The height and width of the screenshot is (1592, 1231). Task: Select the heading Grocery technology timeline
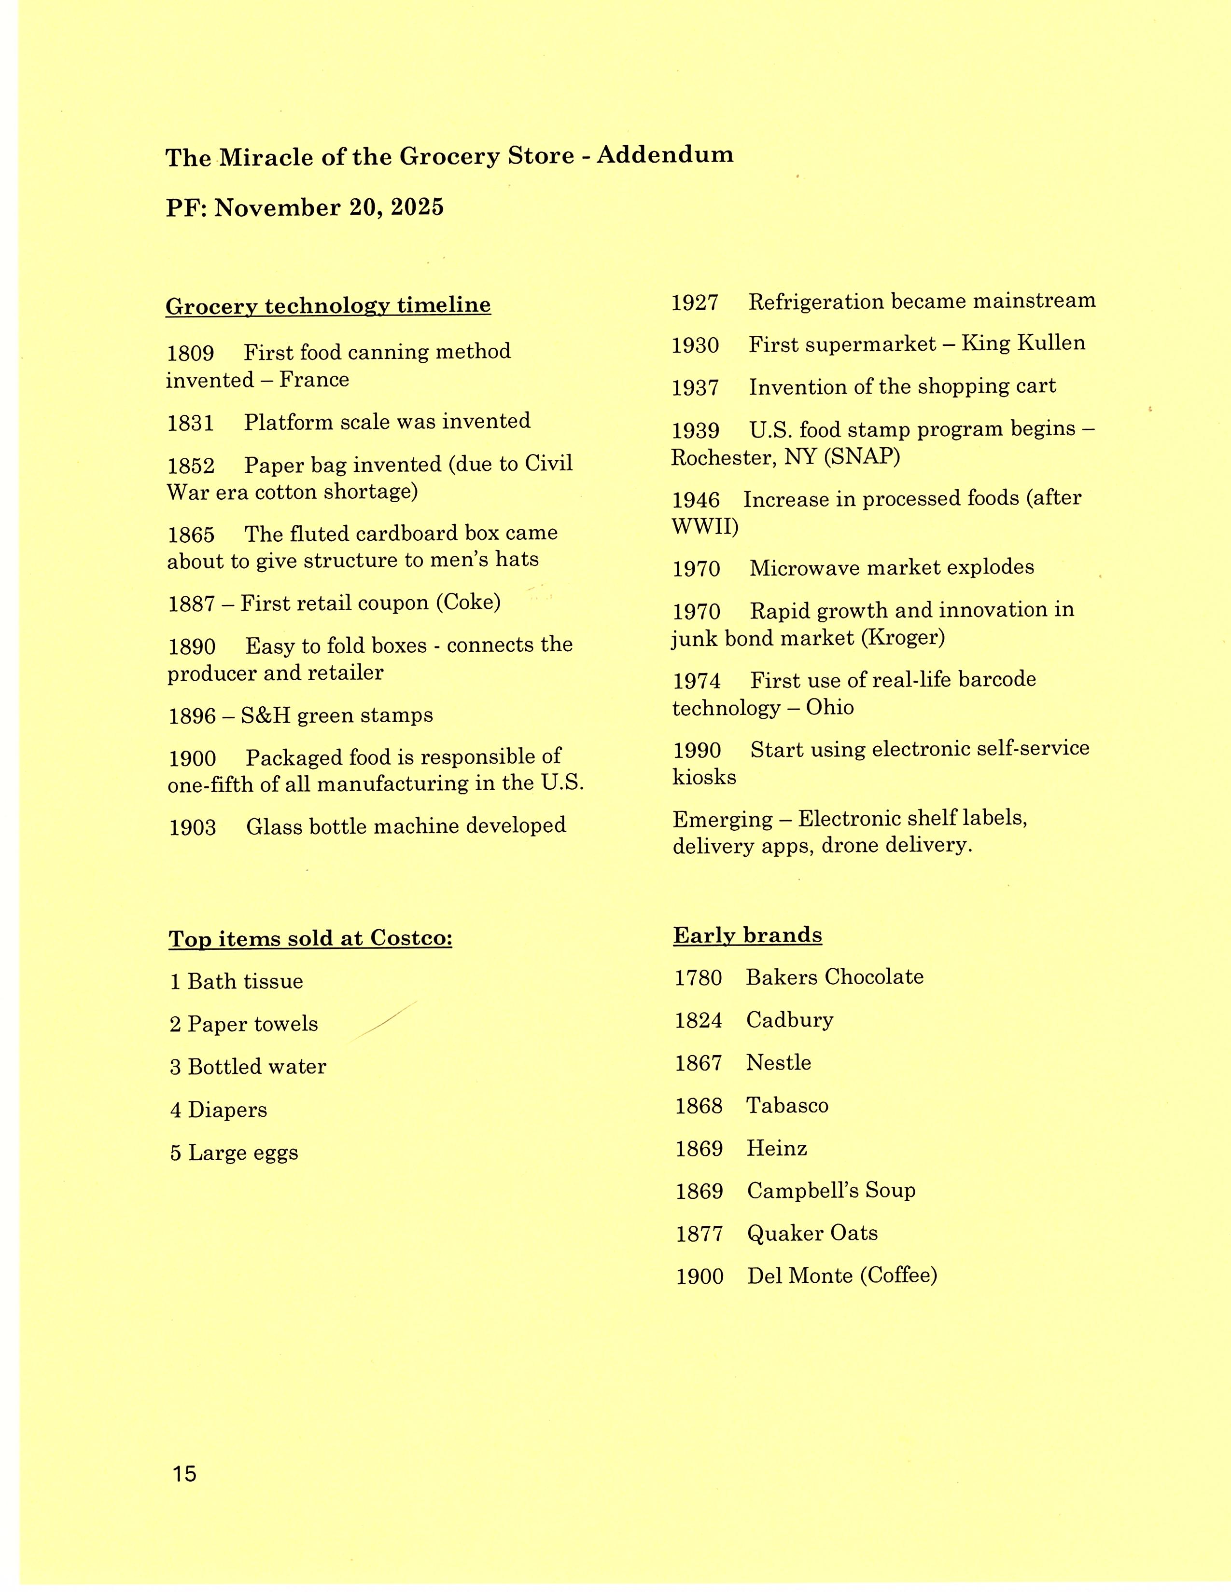(x=328, y=305)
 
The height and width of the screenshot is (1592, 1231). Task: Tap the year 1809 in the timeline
(x=190, y=354)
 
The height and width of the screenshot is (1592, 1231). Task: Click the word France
(x=314, y=380)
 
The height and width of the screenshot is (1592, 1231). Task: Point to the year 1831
(x=190, y=423)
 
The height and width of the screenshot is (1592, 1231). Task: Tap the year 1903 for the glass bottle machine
(x=193, y=827)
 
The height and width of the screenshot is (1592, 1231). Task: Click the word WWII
(x=704, y=526)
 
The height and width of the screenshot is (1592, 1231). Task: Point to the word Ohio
(x=829, y=708)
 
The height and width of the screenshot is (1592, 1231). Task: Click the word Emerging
(x=722, y=819)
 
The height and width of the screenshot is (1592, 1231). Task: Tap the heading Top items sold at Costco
(x=311, y=938)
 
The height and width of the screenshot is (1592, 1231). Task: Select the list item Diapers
(x=227, y=1110)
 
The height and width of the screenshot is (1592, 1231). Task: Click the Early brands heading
(x=747, y=935)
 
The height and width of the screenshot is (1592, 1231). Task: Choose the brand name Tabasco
(x=787, y=1106)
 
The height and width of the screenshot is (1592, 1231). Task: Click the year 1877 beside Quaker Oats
(x=699, y=1234)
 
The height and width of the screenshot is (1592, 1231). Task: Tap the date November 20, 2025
(x=329, y=208)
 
